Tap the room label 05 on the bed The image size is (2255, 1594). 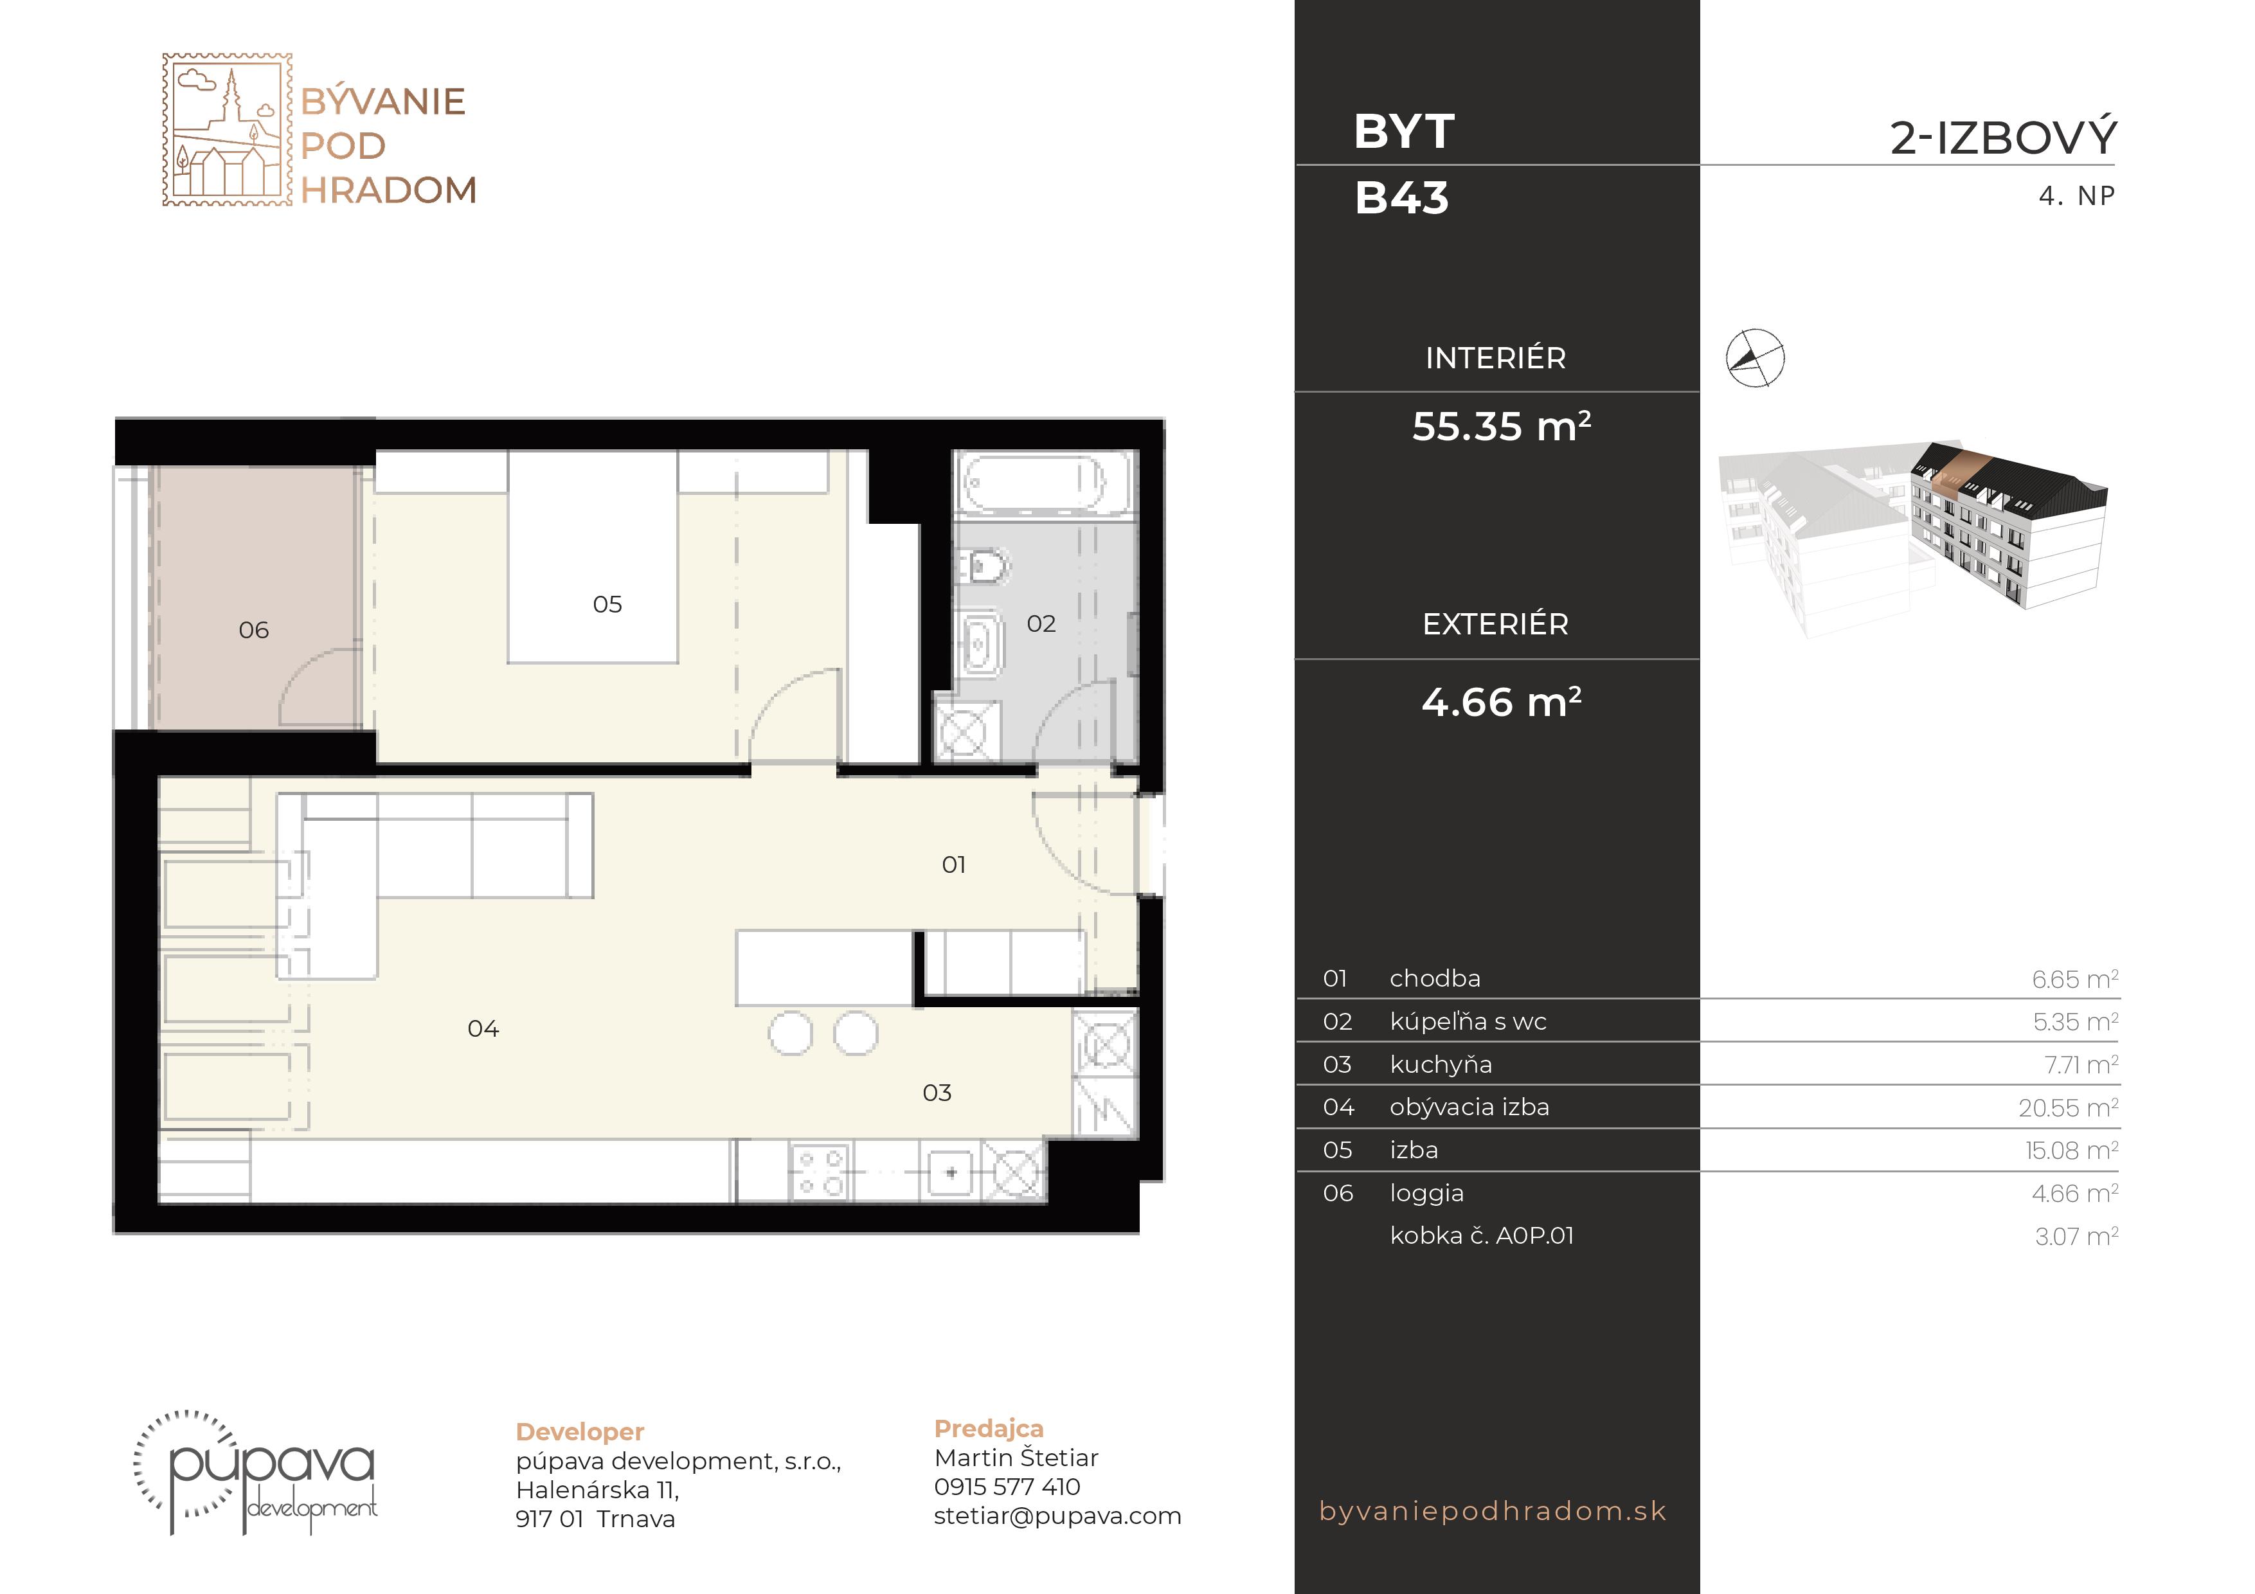tap(607, 605)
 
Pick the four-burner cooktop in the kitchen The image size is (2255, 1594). tap(820, 1172)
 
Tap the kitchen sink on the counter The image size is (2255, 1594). tap(949, 1172)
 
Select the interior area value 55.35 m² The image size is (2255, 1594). tap(1501, 426)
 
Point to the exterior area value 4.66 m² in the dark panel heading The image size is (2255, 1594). tap(1501, 703)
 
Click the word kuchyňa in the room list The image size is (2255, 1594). tap(1441, 1064)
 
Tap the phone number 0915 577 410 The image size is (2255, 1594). tap(1007, 1487)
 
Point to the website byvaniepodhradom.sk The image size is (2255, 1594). tap(1493, 1510)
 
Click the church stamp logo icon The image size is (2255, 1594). tap(227, 130)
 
